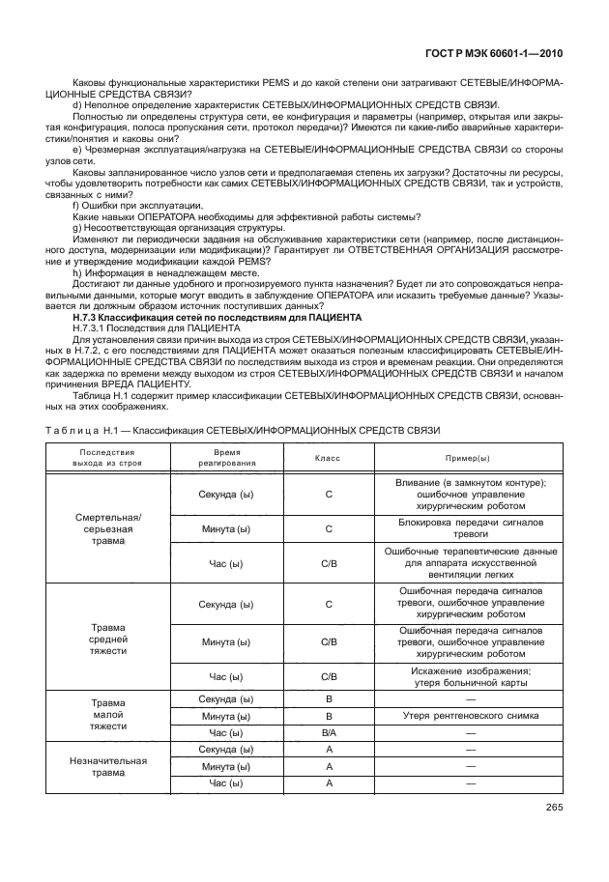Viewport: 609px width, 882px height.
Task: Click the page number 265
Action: [554, 808]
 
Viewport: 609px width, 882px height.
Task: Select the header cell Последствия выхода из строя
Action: [107, 457]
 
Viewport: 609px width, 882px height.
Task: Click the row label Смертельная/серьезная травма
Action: [108, 529]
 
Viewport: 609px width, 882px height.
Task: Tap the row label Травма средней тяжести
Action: [108, 640]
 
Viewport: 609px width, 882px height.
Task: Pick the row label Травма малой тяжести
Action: [108, 716]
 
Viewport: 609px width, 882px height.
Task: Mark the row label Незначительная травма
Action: [108, 766]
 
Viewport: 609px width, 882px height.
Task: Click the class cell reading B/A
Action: [329, 733]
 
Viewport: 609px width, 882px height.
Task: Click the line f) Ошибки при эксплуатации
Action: [137, 206]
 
